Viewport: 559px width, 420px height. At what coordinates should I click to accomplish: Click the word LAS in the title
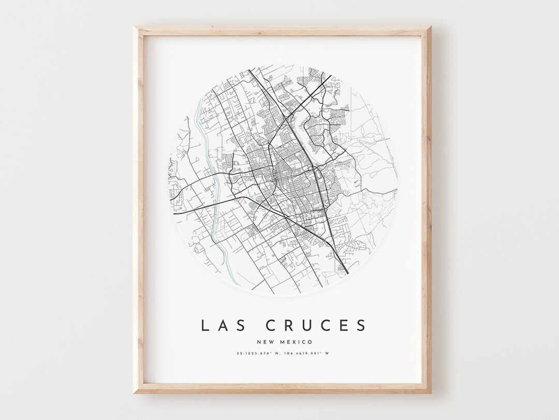tap(219, 325)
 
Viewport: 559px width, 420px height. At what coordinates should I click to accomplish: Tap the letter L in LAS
tap(204, 325)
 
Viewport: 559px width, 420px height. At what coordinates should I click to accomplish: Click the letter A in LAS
tap(219, 325)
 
